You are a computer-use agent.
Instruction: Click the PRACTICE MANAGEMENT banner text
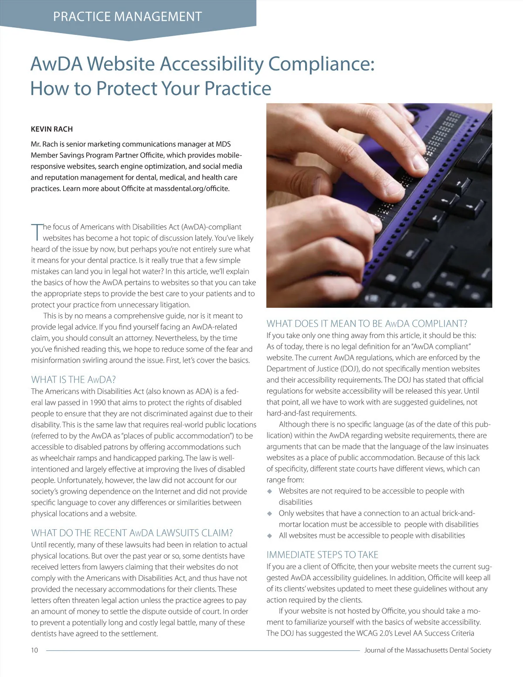click(127, 17)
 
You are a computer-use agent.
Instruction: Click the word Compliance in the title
click(321, 64)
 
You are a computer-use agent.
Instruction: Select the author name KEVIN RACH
click(51, 129)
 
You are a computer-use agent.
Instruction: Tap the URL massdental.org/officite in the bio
click(191, 189)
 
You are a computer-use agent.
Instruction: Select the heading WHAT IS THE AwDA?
click(73, 379)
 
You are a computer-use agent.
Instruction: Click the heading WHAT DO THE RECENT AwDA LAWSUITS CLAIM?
click(132, 533)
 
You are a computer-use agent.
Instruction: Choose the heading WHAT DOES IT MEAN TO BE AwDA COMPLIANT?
click(367, 323)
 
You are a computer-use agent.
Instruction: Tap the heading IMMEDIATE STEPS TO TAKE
click(322, 555)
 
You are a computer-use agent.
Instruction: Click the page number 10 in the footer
click(34, 650)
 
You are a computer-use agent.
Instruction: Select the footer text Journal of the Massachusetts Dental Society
click(428, 650)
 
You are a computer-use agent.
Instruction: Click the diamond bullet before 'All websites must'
click(270, 536)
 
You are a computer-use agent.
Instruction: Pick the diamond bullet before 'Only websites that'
click(270, 514)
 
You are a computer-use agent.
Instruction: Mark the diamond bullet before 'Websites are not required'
click(270, 491)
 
